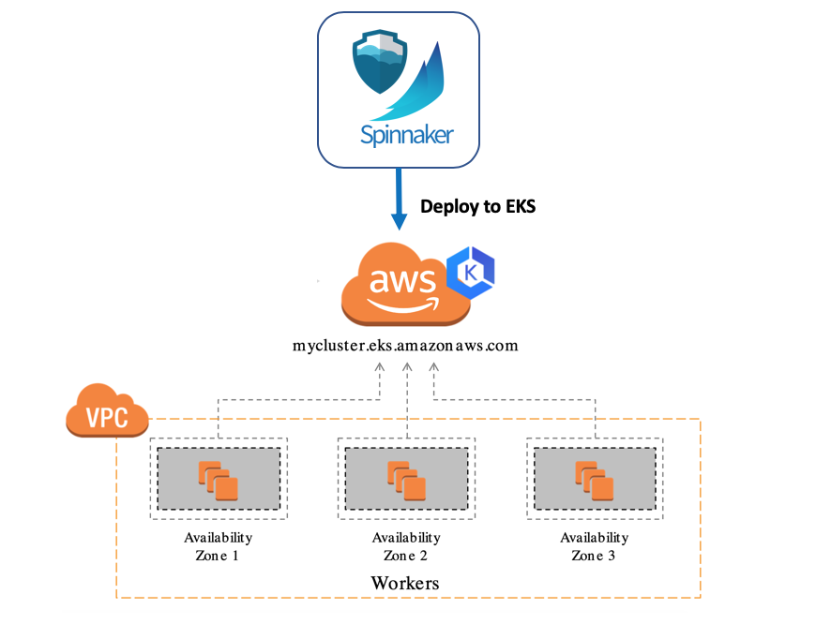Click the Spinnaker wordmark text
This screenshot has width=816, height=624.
tap(406, 135)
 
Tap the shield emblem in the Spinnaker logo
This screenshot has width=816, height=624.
tap(381, 63)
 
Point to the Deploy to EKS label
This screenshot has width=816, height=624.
tap(477, 206)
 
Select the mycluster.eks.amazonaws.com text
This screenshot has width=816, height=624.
tap(405, 345)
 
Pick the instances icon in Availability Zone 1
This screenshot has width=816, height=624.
tap(219, 479)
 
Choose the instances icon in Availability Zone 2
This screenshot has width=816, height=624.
tap(407, 479)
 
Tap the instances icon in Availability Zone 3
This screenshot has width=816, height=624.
tap(595, 479)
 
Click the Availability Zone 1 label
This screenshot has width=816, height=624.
tap(219, 546)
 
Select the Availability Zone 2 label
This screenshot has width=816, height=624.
tap(406, 546)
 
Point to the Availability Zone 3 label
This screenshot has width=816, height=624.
tap(595, 546)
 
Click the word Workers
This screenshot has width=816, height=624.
tap(405, 584)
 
